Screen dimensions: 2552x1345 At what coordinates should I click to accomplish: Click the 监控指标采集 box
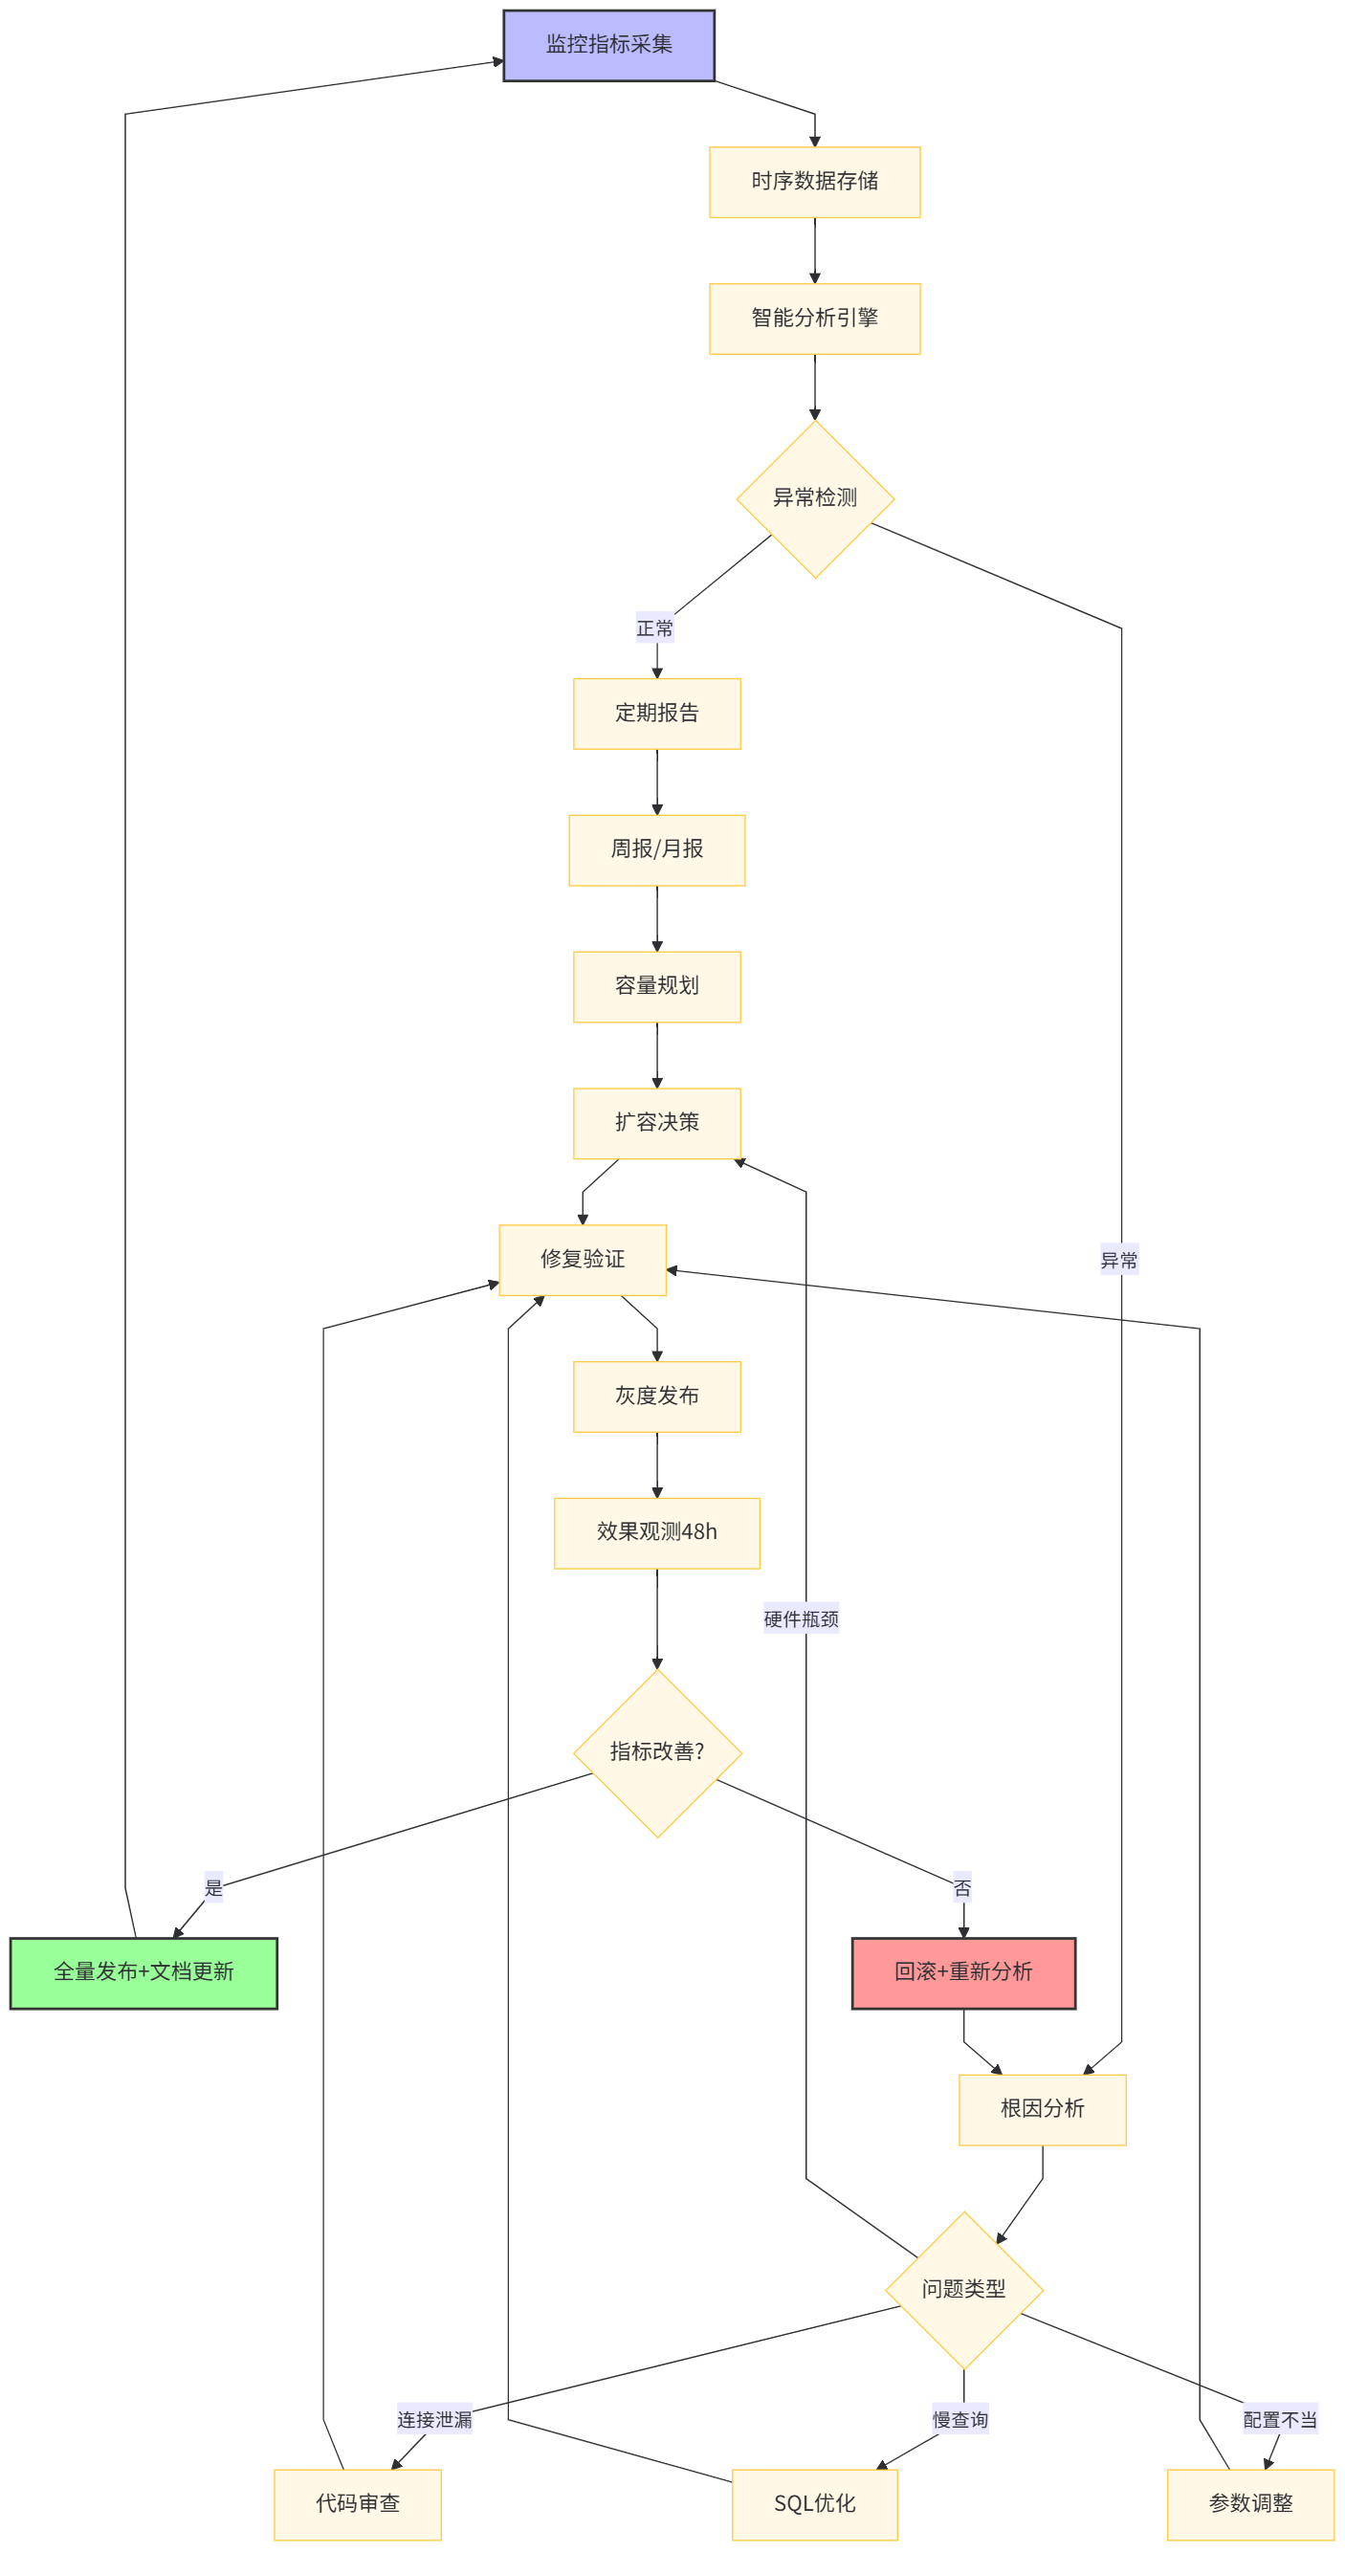[x=608, y=45]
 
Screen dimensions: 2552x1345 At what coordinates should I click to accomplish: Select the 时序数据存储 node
[x=814, y=182]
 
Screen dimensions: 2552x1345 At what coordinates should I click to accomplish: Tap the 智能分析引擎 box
[x=814, y=318]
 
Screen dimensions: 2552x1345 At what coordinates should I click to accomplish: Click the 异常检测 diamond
[x=814, y=498]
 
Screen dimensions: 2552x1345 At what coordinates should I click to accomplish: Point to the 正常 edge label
[x=654, y=628]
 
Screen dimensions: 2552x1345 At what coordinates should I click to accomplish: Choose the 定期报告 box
[x=656, y=714]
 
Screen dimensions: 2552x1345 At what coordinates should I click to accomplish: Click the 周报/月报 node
[x=656, y=850]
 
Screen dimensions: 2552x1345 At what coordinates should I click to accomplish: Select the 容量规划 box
[x=656, y=987]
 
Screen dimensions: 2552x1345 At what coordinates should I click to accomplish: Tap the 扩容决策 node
[x=656, y=1123]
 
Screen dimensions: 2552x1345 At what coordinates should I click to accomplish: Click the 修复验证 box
[x=583, y=1260]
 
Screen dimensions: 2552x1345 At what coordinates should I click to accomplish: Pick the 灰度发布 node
[x=656, y=1397]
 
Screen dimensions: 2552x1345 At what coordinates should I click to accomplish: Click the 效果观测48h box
[x=656, y=1532]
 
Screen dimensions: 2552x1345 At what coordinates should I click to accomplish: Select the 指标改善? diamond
[x=656, y=1752]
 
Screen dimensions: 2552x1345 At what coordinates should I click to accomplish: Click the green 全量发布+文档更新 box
[x=143, y=1972]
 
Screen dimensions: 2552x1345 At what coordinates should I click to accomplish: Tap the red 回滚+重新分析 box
[x=962, y=1972]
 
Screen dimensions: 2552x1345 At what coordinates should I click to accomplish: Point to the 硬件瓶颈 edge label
[x=802, y=1618]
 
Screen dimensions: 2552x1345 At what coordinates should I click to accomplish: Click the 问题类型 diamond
[x=962, y=2290]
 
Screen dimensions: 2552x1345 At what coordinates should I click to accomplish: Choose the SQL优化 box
[x=814, y=2504]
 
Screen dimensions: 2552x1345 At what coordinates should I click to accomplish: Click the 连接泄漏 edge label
[x=435, y=2419]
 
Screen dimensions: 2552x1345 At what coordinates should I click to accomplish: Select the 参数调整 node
[x=1250, y=2504]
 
